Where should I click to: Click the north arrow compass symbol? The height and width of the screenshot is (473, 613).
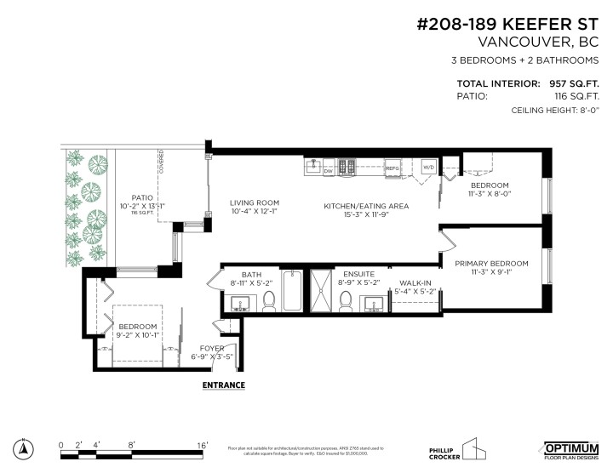pos(26,448)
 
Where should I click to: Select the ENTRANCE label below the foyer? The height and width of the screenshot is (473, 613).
pos(223,385)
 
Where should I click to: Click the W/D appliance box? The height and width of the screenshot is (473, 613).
pos(428,168)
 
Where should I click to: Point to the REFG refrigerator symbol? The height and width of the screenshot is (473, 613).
pos(392,168)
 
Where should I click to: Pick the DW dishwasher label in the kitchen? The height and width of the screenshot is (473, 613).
pos(329,170)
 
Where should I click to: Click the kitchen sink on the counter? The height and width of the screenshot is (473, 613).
pos(312,163)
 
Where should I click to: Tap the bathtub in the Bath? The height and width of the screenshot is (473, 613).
pos(291,291)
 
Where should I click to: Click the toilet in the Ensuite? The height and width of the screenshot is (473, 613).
pos(347,299)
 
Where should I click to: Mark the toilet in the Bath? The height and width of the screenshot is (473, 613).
pos(269,299)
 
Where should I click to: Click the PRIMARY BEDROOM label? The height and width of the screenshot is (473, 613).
pos(490,263)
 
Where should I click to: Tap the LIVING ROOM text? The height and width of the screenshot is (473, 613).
pos(254,202)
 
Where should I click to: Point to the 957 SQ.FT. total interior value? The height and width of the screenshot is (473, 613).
pos(575,84)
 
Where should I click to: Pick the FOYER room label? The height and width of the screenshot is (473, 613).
pos(212,348)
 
